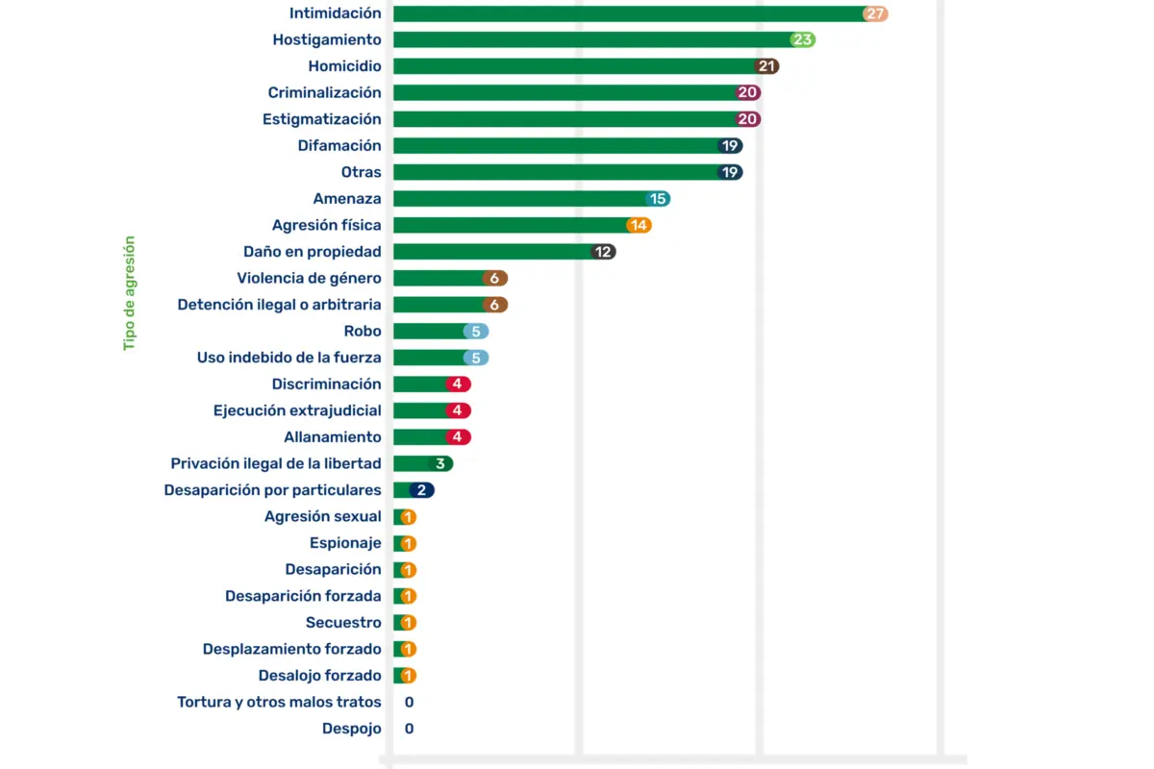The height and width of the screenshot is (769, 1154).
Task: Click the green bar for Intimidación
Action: coord(625,13)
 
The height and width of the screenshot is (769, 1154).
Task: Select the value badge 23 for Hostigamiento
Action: coord(803,40)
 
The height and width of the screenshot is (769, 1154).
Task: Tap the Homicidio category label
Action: coord(344,66)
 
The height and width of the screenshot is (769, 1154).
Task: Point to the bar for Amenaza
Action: coord(519,199)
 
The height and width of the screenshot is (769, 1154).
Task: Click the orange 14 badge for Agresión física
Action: coord(639,225)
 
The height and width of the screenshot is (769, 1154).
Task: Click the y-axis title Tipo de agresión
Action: coord(129,293)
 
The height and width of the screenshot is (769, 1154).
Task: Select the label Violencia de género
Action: coord(309,278)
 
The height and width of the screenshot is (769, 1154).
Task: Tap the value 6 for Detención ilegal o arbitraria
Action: coord(494,305)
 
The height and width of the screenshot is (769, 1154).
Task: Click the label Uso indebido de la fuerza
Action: coord(288,358)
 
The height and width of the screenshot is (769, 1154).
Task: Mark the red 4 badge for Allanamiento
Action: coord(458,437)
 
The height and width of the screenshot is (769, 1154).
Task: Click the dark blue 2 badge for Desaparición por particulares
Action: coord(421,490)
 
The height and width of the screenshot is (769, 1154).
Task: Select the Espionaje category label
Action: coord(345,543)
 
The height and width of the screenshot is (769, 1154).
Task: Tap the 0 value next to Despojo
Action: coord(409,729)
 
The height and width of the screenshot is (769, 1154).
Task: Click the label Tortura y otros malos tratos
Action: coord(279,702)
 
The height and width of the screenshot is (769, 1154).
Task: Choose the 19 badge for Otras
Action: coord(730,172)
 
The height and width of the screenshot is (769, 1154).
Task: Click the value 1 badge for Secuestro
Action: coord(408,623)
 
